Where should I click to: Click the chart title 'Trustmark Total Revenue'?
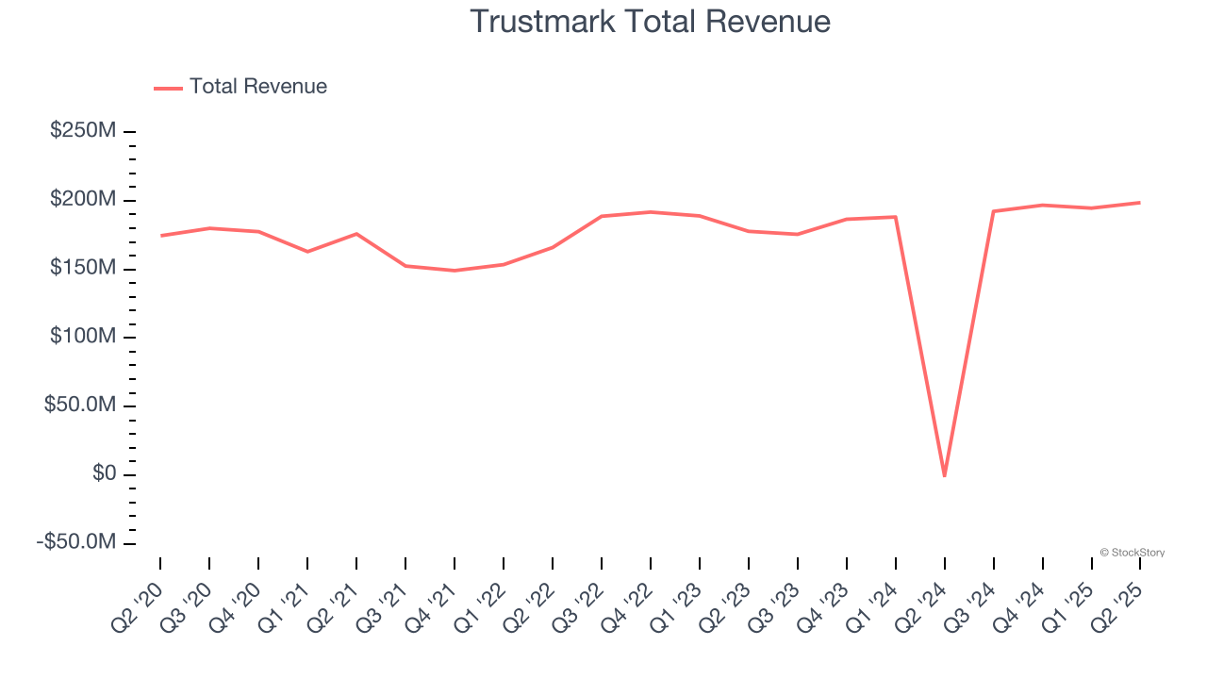tap(650, 22)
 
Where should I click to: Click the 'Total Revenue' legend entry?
tap(257, 87)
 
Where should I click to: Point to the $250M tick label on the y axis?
tap(83, 130)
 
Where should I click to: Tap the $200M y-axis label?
tap(83, 200)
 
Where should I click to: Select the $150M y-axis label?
tap(83, 269)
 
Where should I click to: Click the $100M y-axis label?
tap(83, 337)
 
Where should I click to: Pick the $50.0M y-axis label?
tap(79, 406)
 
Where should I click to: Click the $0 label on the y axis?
tap(104, 473)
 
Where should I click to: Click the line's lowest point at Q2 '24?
tap(944, 475)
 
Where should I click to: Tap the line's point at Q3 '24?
tap(993, 211)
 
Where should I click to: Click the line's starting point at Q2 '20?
tap(160, 236)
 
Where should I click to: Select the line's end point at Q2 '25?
tap(1140, 203)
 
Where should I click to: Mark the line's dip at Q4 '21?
tap(455, 271)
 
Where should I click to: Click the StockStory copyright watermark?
tap(1132, 553)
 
